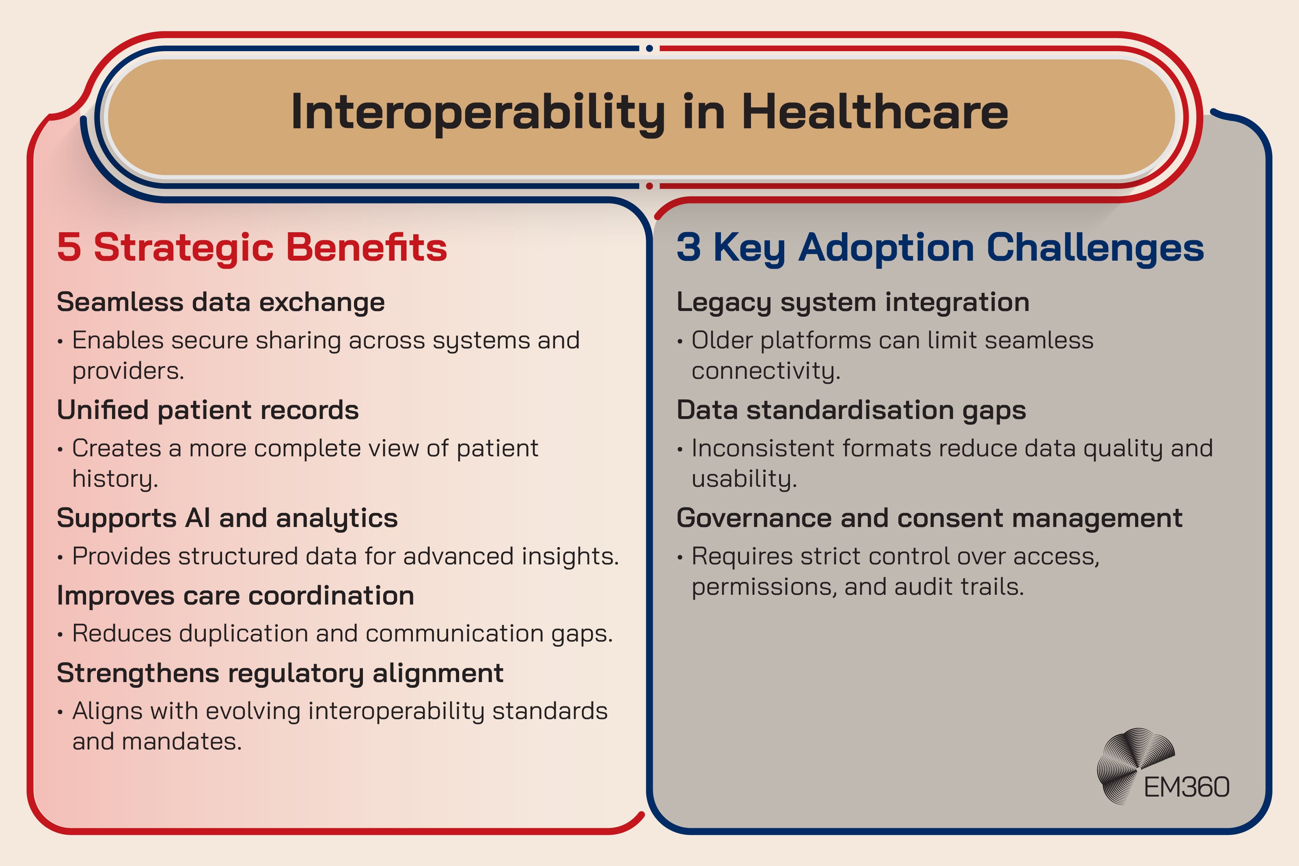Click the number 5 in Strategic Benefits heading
pyautogui.click(x=69, y=247)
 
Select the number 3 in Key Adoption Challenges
pyautogui.click(x=688, y=247)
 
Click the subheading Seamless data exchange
pyautogui.click(x=220, y=302)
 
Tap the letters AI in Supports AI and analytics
pyautogui.click(x=198, y=518)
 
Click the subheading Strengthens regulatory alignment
pyautogui.click(x=280, y=673)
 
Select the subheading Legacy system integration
pyautogui.click(x=853, y=302)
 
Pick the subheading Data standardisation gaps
pyautogui.click(x=851, y=410)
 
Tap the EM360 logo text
pyautogui.click(x=1187, y=787)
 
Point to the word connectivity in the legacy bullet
pyautogui.click(x=765, y=371)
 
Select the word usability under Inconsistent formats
pyautogui.click(x=744, y=479)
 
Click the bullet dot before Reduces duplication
pyautogui.click(x=60, y=635)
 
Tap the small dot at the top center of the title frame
pyautogui.click(x=649, y=49)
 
